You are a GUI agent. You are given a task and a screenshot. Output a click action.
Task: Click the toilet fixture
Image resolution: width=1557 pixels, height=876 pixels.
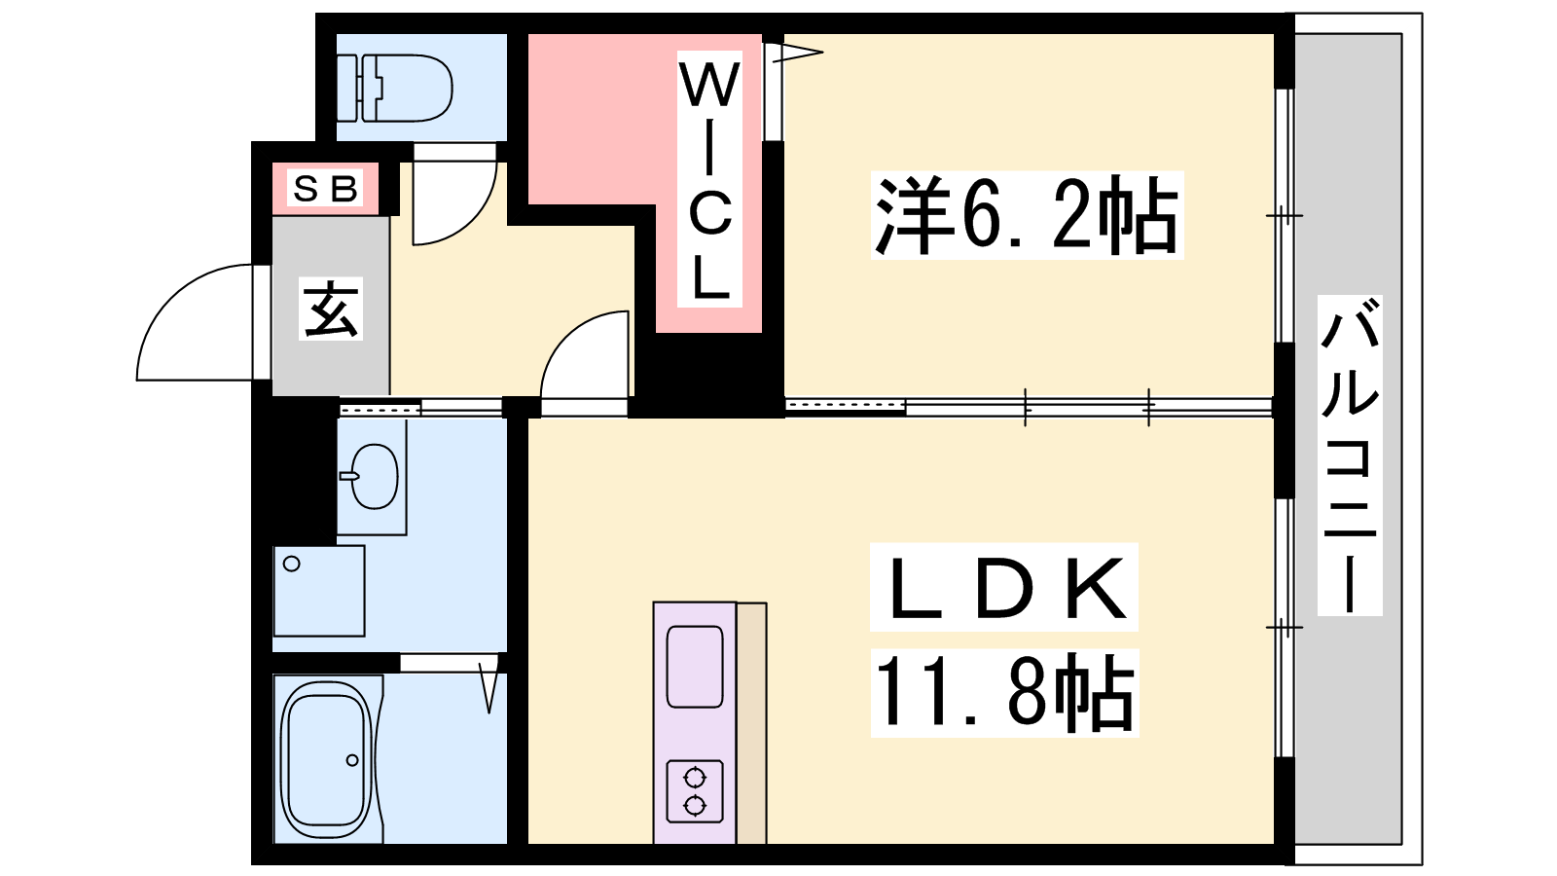(x=395, y=89)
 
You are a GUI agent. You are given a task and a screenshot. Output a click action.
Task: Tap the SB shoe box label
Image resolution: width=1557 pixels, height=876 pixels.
(x=325, y=188)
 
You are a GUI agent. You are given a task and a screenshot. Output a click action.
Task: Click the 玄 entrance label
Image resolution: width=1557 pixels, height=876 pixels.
(x=331, y=309)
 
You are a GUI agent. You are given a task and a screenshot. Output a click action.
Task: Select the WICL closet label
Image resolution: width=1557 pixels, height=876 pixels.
(x=709, y=179)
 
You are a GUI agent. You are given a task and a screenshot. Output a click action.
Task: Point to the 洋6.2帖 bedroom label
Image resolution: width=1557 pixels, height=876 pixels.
(x=1027, y=215)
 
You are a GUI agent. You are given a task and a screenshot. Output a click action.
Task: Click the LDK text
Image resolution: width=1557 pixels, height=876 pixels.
(x=1004, y=588)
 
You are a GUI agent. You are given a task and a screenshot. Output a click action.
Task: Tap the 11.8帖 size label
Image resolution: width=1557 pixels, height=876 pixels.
(x=1004, y=692)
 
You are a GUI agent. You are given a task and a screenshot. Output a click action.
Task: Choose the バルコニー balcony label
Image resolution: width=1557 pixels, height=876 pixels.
(x=1350, y=456)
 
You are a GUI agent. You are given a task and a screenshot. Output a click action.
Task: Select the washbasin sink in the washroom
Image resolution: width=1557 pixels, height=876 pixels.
(x=373, y=476)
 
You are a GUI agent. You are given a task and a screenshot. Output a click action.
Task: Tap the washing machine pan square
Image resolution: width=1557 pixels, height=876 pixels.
(x=319, y=591)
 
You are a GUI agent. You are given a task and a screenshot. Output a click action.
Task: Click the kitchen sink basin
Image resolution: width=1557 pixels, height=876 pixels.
(x=695, y=666)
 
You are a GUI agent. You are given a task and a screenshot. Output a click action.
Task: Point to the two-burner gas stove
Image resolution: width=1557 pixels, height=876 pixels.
(x=695, y=791)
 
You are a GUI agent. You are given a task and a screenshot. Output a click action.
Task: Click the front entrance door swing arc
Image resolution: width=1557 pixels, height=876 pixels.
(x=196, y=322)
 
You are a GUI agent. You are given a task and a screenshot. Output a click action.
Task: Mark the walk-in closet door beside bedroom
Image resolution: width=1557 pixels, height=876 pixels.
(x=792, y=91)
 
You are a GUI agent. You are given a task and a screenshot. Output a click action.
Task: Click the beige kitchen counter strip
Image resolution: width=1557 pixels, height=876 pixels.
(x=751, y=723)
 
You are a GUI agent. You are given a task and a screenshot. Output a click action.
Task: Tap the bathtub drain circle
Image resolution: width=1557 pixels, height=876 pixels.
(x=352, y=760)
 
